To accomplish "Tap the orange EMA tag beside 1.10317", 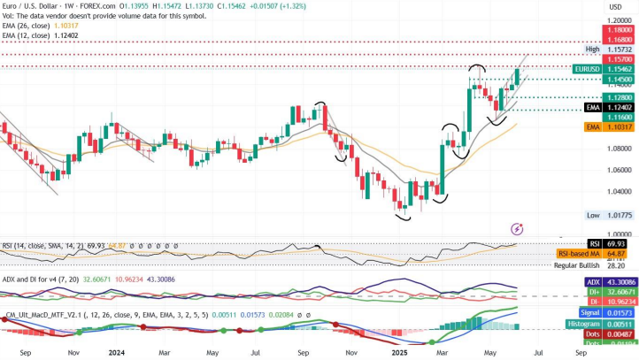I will pyautogui.click(x=594, y=127).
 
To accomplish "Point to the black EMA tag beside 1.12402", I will pyautogui.click(x=594, y=106).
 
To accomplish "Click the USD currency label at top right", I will pyautogui.click(x=614, y=7).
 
